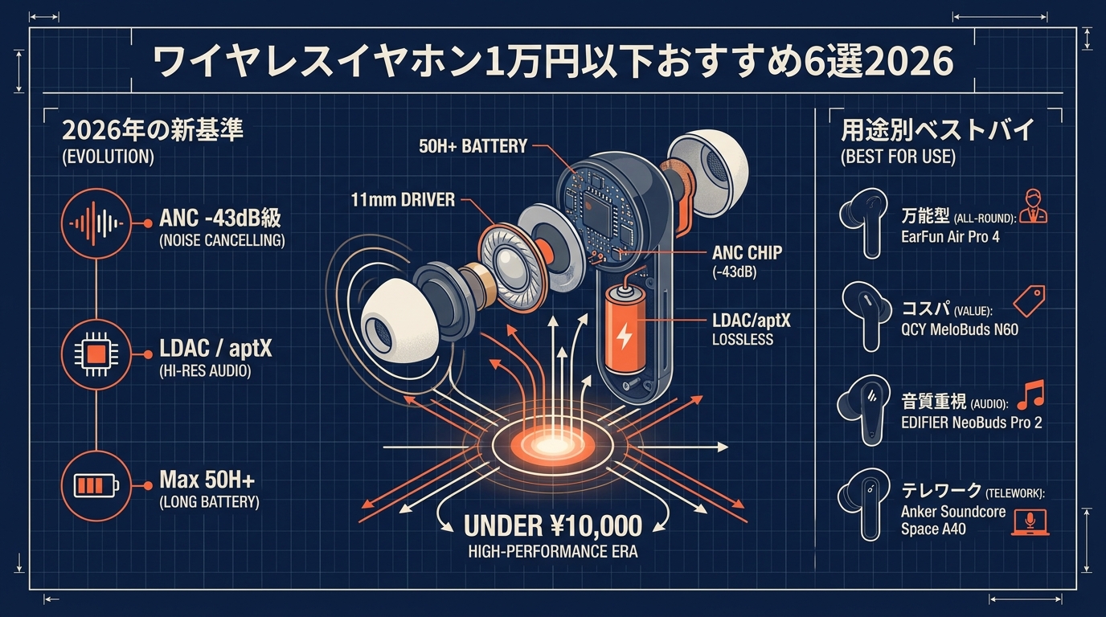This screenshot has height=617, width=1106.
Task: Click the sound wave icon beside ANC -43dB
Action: pos(96,223)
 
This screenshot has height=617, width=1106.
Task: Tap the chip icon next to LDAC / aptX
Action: pos(96,354)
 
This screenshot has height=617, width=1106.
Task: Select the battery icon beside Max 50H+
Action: pos(96,486)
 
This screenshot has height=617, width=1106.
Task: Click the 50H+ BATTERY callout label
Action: pos(473,146)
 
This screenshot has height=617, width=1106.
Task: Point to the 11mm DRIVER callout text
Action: pos(403,200)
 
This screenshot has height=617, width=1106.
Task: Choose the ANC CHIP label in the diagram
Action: pos(747,253)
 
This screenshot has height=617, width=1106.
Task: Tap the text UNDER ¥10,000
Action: pos(553,525)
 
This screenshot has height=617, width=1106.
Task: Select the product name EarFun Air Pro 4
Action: pos(950,237)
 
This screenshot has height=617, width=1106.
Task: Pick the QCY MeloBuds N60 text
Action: pos(960,329)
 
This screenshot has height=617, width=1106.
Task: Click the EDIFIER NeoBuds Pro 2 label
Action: pos(971,423)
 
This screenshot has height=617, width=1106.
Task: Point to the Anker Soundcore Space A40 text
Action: pos(953,521)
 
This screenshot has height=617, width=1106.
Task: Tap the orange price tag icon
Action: pos(1029,300)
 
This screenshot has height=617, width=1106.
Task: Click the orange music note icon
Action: pos(1031,395)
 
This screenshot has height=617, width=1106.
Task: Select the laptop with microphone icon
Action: pos(1030,523)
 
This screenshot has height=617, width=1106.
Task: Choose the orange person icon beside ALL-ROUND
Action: pos(1033,206)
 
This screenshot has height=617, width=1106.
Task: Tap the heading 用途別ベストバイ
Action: pos(936,130)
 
